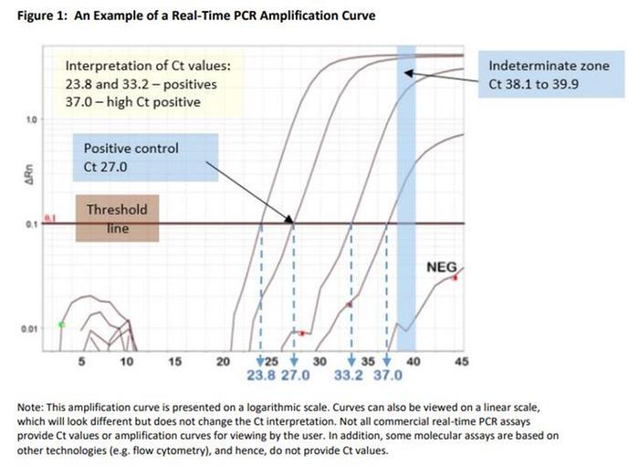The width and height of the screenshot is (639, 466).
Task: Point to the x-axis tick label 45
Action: (461, 362)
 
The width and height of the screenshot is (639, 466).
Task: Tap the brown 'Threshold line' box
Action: (117, 219)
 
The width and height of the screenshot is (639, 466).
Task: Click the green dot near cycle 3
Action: (61, 325)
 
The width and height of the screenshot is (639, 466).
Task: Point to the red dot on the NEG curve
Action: (455, 277)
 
